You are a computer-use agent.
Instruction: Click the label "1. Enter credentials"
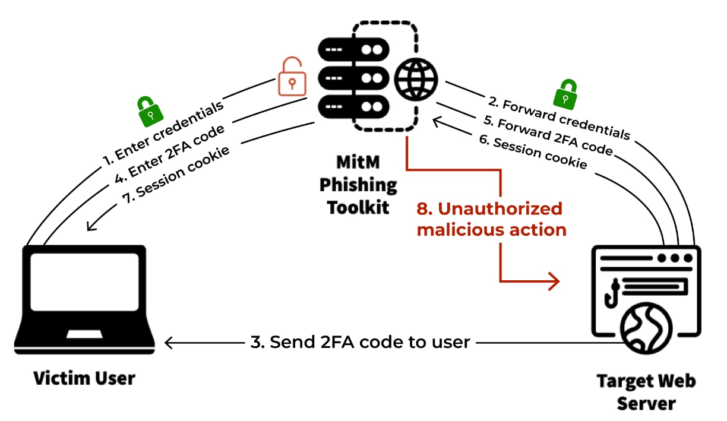(x=163, y=132)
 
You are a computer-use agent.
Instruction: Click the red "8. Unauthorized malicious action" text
(x=491, y=219)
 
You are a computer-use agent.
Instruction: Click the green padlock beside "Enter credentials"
(x=150, y=111)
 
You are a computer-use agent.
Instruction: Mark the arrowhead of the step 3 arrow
(x=169, y=343)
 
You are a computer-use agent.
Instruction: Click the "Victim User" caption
(x=84, y=378)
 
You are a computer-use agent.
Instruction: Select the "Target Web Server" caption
(x=646, y=391)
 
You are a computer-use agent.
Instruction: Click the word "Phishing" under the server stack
(x=358, y=185)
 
